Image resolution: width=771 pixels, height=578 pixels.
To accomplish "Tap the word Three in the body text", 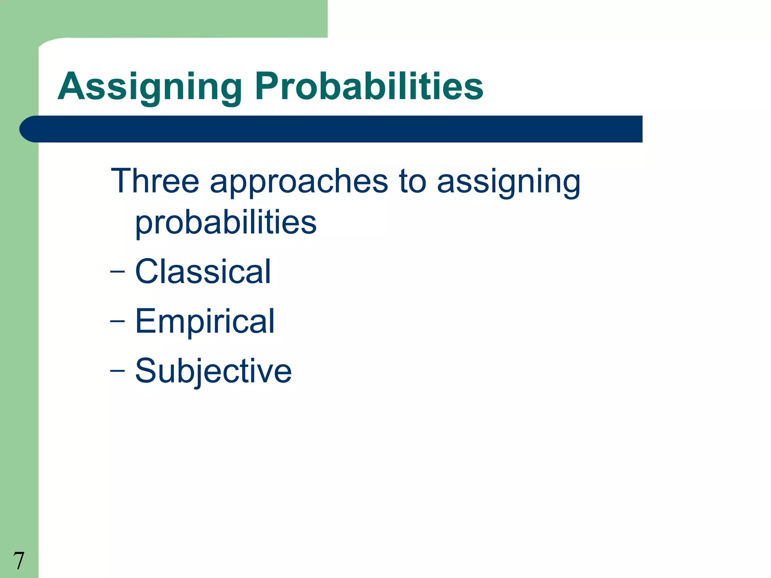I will pyautogui.click(x=155, y=181).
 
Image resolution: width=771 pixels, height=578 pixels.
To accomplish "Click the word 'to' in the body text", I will pyautogui.click(x=412, y=182).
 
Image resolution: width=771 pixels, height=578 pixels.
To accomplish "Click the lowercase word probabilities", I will pyautogui.click(x=226, y=223).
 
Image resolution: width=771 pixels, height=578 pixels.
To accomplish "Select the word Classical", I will pyautogui.click(x=203, y=271).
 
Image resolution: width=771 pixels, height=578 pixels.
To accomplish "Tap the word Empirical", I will pyautogui.click(x=205, y=321).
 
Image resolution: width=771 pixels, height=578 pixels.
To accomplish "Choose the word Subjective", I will pyautogui.click(x=213, y=371).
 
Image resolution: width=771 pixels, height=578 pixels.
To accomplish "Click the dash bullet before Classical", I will pyautogui.click(x=117, y=271).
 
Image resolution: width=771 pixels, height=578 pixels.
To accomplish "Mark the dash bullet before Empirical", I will pyautogui.click(x=117, y=321).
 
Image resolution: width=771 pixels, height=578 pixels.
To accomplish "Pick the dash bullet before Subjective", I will pyautogui.click(x=117, y=371).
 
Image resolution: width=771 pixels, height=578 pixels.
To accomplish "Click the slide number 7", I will pyautogui.click(x=18, y=560).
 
